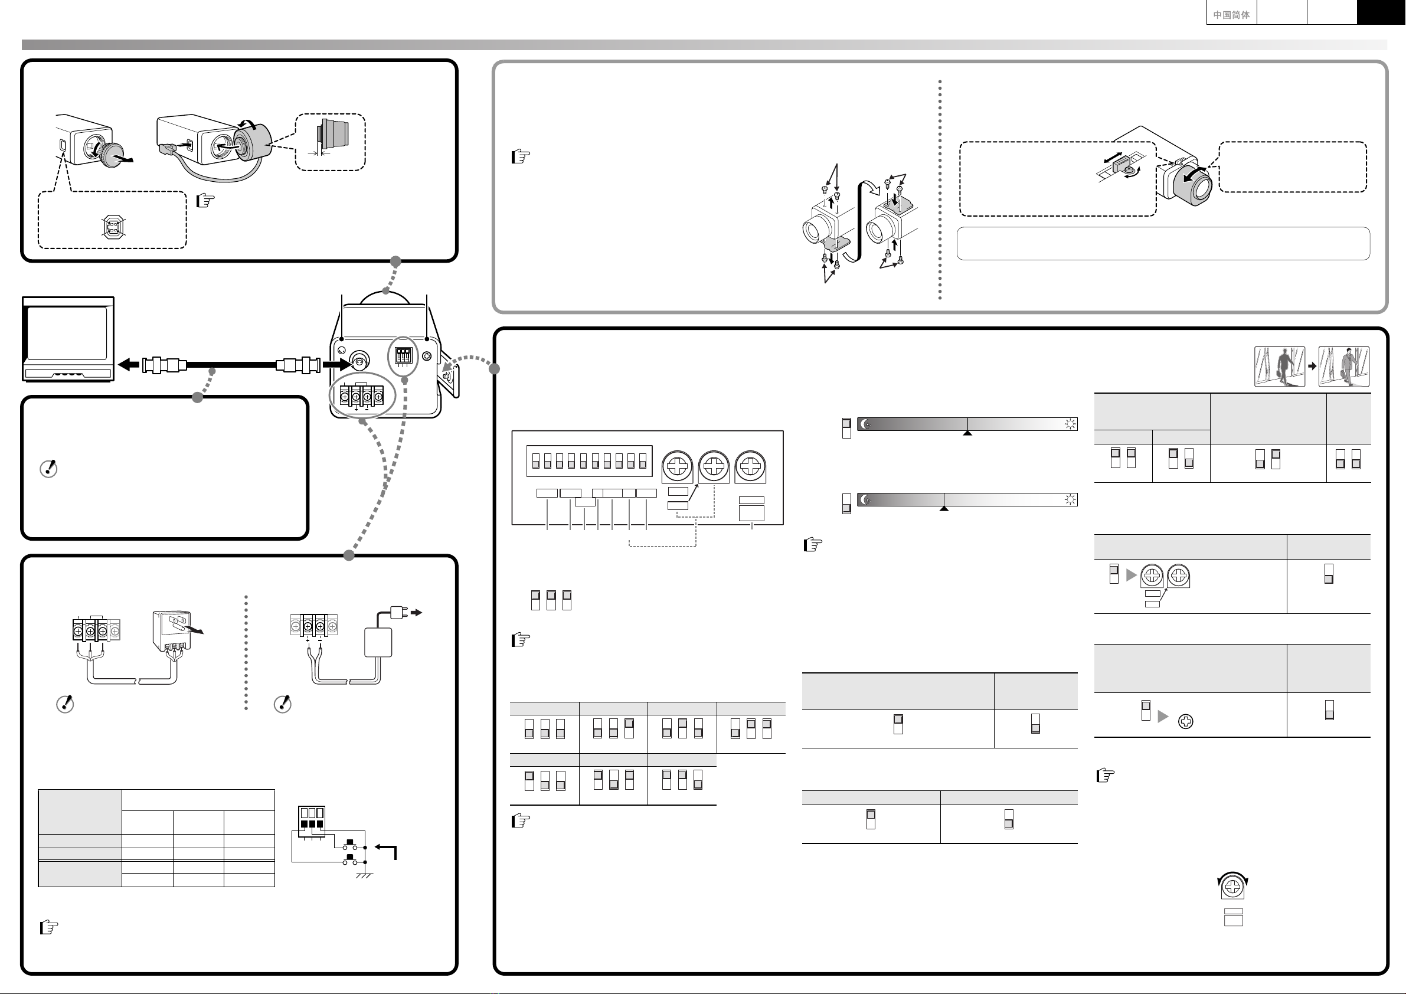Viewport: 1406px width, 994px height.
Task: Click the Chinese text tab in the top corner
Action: pos(1231,14)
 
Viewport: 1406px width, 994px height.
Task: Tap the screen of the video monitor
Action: pos(67,333)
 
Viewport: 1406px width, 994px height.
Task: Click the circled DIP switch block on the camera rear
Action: pos(404,356)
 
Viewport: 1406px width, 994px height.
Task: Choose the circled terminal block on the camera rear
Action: pos(361,395)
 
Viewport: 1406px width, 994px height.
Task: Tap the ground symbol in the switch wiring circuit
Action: pos(365,875)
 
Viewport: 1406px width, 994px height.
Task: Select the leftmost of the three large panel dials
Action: pos(676,467)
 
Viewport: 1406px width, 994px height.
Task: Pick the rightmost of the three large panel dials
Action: pos(750,467)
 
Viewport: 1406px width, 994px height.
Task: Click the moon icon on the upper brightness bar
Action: pos(865,424)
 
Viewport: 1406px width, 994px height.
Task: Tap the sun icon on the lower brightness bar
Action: pos(1070,500)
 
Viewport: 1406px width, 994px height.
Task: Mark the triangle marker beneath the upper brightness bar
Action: pos(967,433)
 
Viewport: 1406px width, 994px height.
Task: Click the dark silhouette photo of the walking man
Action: pos(1279,366)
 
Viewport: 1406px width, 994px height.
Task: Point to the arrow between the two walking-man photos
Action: pos(1312,366)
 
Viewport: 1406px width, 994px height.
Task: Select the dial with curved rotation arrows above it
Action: pos(1232,886)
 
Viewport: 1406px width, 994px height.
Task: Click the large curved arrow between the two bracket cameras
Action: pos(861,214)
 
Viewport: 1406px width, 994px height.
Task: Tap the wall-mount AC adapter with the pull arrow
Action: pos(171,631)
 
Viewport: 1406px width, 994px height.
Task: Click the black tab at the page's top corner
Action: pos(1381,12)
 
